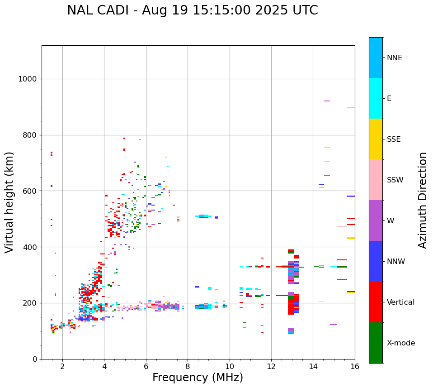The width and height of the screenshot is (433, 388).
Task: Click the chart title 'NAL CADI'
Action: click(192, 10)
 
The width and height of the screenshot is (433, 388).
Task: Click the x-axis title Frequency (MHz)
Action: click(198, 378)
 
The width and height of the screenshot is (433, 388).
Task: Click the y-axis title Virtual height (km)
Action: click(9, 202)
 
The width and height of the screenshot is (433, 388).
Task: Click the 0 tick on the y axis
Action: click(34, 359)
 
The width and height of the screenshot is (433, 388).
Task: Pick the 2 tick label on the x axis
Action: click(62, 366)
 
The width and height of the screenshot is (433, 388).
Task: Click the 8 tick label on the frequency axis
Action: click(188, 366)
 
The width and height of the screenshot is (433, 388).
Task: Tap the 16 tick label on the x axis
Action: click(355, 366)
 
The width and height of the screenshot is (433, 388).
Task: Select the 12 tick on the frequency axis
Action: click(271, 366)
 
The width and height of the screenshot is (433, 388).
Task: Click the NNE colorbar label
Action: click(394, 58)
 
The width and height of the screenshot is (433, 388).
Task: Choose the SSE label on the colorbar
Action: click(393, 139)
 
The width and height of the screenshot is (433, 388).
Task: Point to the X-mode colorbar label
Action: click(401, 343)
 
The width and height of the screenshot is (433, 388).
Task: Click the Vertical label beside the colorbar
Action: click(400, 302)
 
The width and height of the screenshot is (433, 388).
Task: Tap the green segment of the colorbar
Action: click(376, 343)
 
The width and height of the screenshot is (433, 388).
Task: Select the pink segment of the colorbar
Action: click(376, 180)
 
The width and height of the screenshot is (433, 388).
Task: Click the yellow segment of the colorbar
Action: click(376, 139)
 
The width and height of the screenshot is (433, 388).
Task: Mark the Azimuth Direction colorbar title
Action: click(423, 200)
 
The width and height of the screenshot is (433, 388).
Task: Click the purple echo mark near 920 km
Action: click(327, 101)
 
